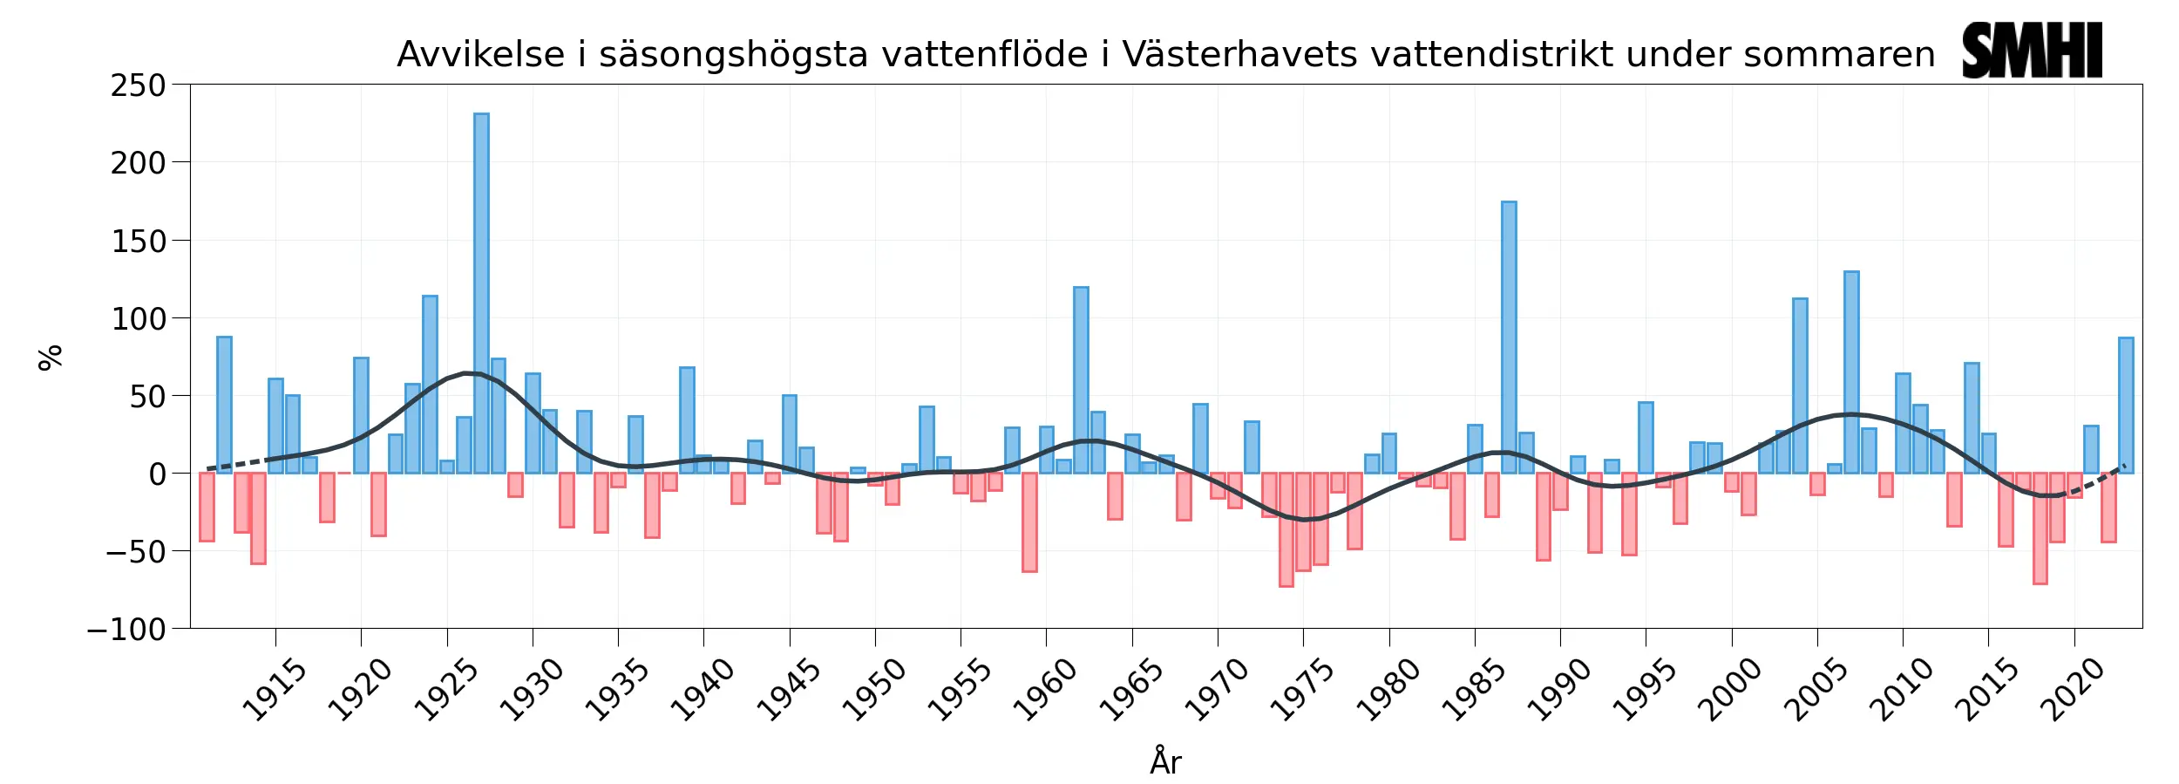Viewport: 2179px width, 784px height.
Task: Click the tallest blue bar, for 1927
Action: click(481, 293)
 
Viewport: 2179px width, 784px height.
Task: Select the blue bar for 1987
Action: click(1509, 337)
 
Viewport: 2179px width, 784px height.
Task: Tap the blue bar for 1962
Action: click(1081, 380)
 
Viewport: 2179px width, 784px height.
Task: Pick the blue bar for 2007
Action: click(1851, 372)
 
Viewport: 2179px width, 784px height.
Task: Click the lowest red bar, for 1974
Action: click(1286, 529)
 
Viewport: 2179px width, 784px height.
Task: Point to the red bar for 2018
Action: click(2040, 528)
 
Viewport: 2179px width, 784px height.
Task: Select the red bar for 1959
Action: click(1029, 522)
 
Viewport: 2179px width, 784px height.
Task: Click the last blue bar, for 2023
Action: click(2126, 406)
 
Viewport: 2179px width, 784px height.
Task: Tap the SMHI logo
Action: click(2032, 51)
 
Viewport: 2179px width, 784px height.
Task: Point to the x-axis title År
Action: click(1165, 761)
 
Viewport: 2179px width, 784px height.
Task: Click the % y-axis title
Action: click(51, 357)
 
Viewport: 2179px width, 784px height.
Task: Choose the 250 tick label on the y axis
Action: click(138, 85)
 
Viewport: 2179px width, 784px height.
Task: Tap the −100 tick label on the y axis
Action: click(127, 629)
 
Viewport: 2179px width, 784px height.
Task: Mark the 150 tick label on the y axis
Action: click(138, 242)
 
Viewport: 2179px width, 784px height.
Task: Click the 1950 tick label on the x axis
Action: click(872, 692)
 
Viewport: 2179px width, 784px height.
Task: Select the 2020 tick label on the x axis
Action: click(2072, 692)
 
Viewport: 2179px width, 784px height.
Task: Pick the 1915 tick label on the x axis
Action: click(273, 692)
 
